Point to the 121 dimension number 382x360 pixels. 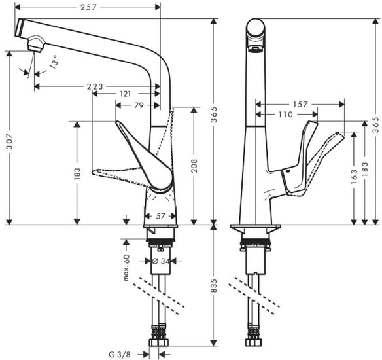(x=125, y=94)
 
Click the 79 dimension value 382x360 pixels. (x=139, y=105)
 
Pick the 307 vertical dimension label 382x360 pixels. (x=9, y=137)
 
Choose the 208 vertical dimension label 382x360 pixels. (x=194, y=166)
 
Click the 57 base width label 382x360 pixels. (x=160, y=215)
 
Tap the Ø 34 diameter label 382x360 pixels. (x=160, y=261)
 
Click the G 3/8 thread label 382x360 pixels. (x=120, y=353)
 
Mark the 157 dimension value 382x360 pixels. (x=300, y=104)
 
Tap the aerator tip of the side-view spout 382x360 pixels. (x=256, y=48)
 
